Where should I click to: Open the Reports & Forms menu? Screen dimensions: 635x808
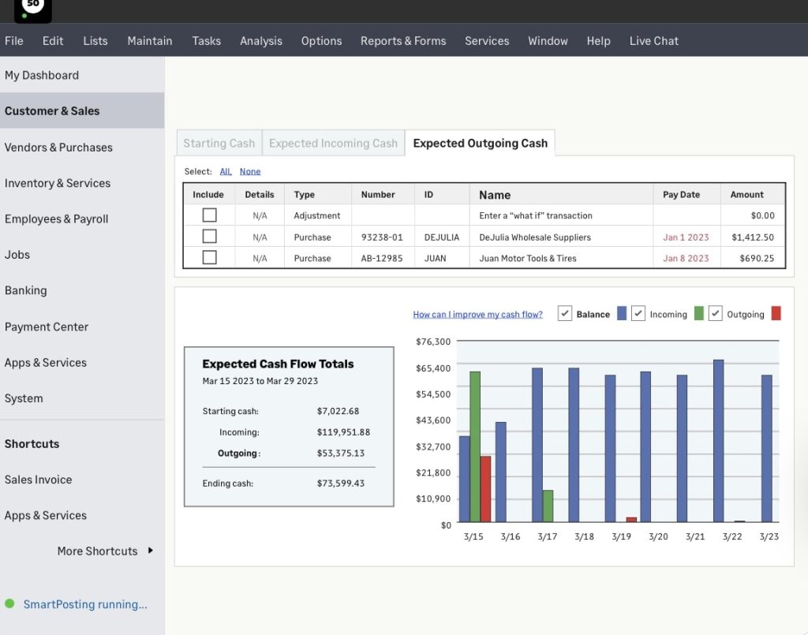click(403, 41)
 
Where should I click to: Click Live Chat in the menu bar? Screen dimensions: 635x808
click(653, 41)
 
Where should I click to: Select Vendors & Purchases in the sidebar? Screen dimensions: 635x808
click(58, 148)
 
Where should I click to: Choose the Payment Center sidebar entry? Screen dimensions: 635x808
click(47, 327)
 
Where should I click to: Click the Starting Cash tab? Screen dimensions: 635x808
click(219, 144)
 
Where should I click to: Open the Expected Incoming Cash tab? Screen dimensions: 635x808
click(333, 144)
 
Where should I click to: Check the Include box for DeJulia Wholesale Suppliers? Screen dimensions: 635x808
click(209, 237)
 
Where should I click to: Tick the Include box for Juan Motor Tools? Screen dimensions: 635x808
click(209, 257)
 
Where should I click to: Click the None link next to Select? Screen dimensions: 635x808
click(250, 171)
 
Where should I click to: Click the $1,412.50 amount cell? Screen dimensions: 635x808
click(752, 237)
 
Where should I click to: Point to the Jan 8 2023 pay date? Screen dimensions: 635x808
click(686, 258)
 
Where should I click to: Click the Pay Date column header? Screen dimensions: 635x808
click(681, 195)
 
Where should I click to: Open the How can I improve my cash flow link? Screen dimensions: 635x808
click(477, 315)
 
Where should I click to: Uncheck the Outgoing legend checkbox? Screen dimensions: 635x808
click(715, 313)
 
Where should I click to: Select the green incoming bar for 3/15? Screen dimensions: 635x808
click(475, 446)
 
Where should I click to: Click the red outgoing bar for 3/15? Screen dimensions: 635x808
click(485, 488)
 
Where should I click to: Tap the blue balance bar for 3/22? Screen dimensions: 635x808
click(718, 441)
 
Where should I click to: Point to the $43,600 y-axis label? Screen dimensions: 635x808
click(433, 420)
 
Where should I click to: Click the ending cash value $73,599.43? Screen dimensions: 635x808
click(341, 484)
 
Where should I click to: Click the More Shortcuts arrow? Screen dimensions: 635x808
click(150, 551)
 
